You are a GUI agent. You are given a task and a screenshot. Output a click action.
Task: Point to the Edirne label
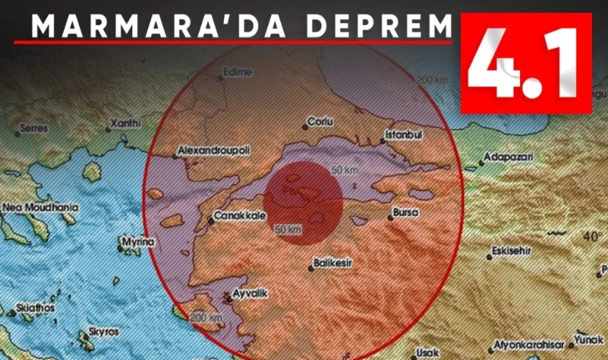coord(238,72)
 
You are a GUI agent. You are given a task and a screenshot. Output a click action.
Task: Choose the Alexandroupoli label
coord(215,149)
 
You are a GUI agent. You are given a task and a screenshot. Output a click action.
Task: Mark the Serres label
coord(34,128)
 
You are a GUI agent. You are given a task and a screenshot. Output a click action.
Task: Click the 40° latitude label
coord(592,237)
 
